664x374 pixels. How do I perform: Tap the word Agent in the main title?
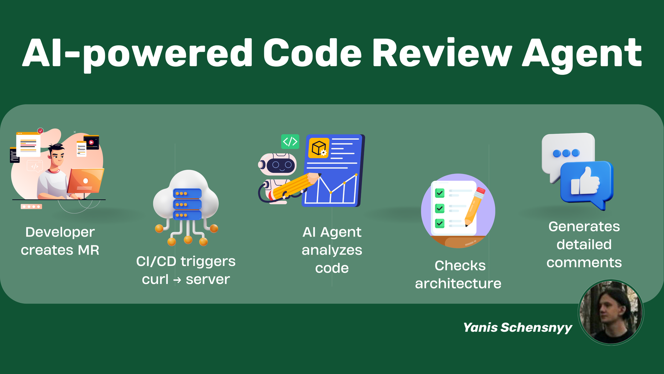[582, 55]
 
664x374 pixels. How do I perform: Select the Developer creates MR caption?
[60, 241]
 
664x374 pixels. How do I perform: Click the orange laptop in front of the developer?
[86, 181]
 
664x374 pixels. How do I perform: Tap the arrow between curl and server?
[177, 280]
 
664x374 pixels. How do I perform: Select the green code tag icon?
[290, 141]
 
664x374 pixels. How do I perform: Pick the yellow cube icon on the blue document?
[319, 148]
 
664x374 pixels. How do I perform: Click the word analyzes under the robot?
[332, 250]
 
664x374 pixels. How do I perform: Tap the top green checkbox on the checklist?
[440, 193]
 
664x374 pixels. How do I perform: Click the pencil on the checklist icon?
[475, 206]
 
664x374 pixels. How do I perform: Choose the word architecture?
[458, 284]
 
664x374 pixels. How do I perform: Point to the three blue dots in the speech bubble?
[566, 153]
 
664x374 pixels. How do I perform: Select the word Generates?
[584, 226]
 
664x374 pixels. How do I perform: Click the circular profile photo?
[611, 312]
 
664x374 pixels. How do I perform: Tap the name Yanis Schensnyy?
[518, 327]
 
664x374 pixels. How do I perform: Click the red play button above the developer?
[91, 142]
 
